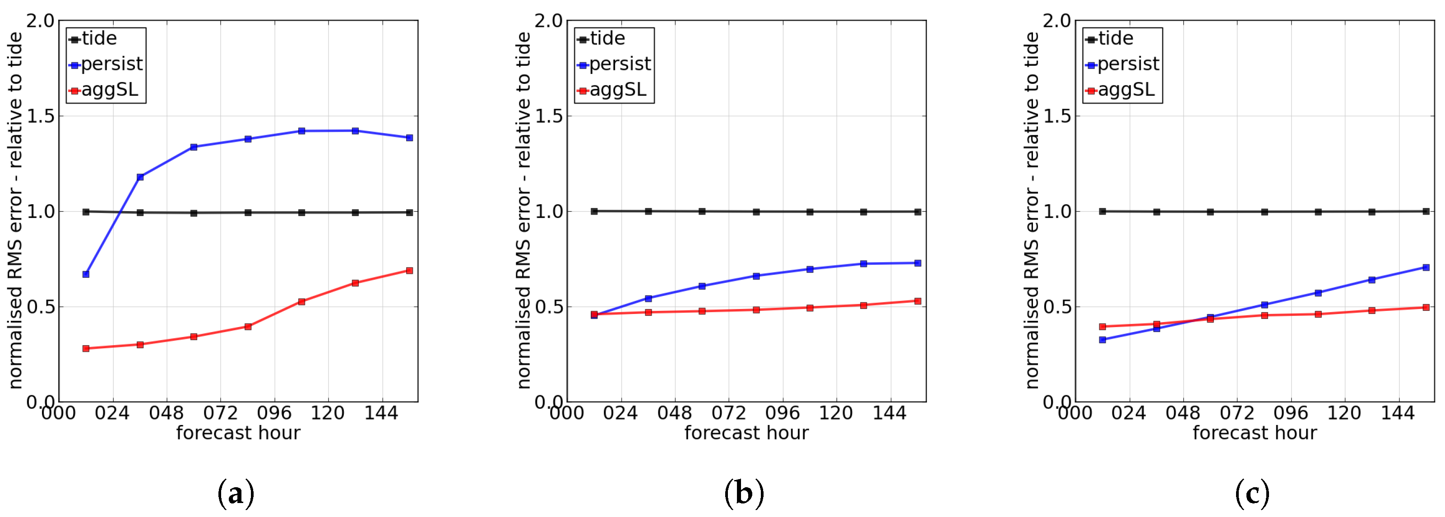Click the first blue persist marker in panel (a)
tap(86, 274)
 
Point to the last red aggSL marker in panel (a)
tap(409, 270)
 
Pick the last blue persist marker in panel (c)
tap(1426, 268)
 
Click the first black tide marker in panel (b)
tap(594, 212)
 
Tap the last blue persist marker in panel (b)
tap(918, 263)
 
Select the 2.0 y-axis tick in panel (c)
tap(1057, 21)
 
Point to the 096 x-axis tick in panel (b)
tap(782, 414)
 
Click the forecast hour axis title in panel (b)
tap(746, 434)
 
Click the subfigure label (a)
tap(236, 494)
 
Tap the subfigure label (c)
tap(1252, 494)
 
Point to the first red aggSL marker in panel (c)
tap(1102, 326)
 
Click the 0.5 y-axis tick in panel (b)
tap(549, 307)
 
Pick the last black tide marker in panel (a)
tap(409, 212)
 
